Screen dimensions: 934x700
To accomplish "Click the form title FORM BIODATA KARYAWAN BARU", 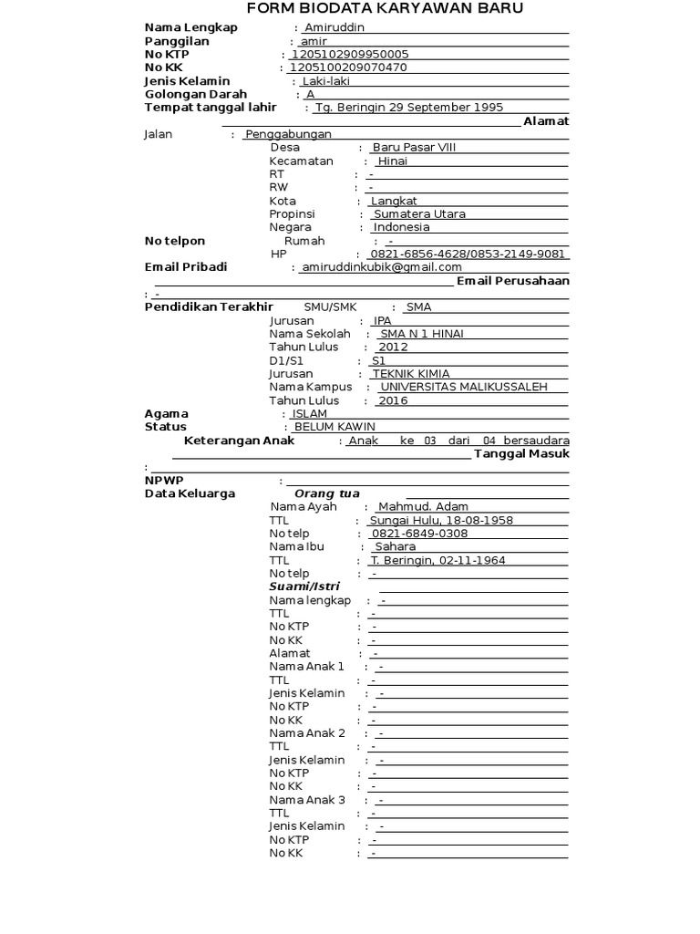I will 386,10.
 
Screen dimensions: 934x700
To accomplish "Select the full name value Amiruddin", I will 335,27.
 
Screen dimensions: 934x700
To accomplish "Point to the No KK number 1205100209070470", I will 348,67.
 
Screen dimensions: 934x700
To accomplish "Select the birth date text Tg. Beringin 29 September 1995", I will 408,107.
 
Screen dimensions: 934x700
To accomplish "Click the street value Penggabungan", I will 288,134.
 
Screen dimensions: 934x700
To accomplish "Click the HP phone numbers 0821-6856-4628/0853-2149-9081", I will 467,254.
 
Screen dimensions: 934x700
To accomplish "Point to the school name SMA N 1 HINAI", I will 421,334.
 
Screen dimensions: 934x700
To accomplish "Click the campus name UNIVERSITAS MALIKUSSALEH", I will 463,387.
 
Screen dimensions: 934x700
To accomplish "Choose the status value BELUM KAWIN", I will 334,427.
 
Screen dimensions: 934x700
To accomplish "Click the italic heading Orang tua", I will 321,493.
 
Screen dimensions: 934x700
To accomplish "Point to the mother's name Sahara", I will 395,546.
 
